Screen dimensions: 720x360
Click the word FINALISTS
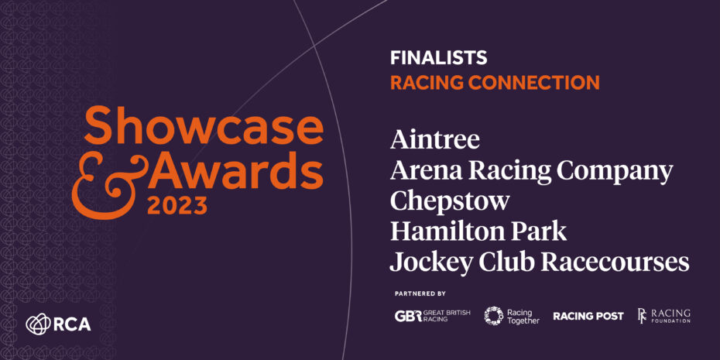[x=438, y=57]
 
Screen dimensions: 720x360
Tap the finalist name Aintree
[x=435, y=139]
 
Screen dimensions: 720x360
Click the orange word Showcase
[x=204, y=125]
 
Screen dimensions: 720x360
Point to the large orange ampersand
[x=110, y=187]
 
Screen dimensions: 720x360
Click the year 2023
[x=177, y=207]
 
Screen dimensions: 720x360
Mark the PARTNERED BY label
[x=420, y=293]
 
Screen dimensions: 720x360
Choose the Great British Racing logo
[x=432, y=316]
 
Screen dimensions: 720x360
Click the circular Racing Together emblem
[x=494, y=316]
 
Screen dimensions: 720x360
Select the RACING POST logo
[x=588, y=317]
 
